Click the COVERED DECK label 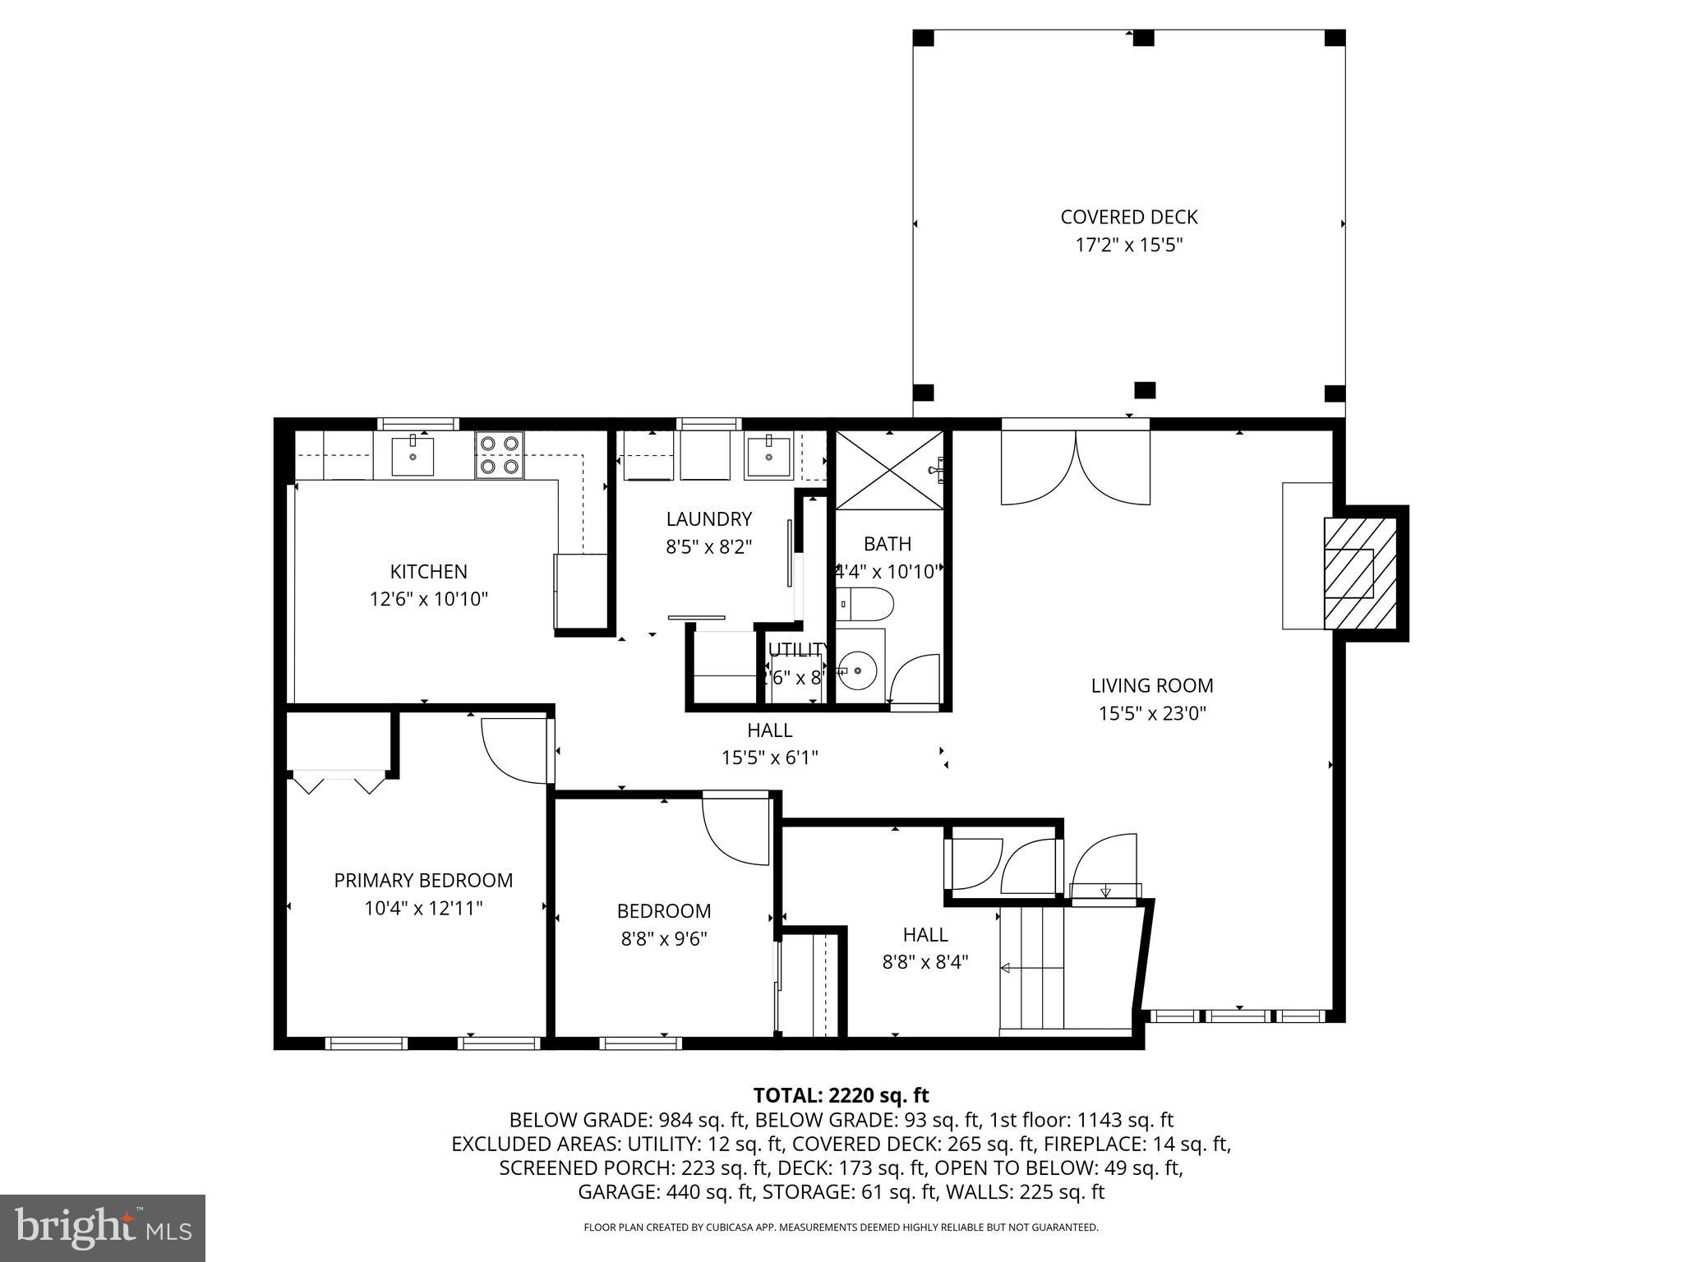coord(1128,217)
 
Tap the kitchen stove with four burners coord(499,454)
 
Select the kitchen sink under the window coord(413,456)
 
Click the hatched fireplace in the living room coord(1359,573)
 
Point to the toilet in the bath coord(865,604)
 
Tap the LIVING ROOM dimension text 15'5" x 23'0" coord(1152,713)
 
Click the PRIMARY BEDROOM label coord(423,880)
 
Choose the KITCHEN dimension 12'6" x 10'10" coord(429,599)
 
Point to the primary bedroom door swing coord(511,751)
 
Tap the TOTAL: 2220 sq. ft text coord(841,1095)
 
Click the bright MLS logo coord(103,1228)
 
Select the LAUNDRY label coord(708,519)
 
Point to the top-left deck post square coord(924,38)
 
